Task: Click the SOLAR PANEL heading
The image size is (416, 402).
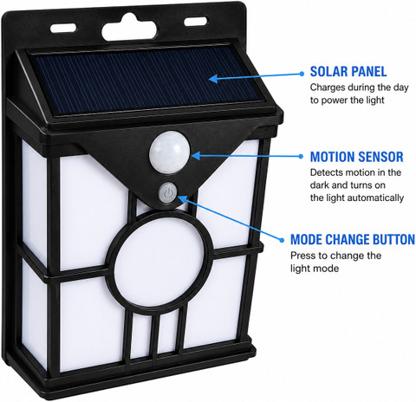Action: [x=348, y=72]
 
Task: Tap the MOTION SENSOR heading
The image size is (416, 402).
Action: [x=356, y=157]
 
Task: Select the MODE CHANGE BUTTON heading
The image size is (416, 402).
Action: [x=353, y=240]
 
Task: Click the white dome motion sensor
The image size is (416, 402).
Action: [x=170, y=152]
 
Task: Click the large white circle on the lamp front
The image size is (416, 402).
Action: [x=159, y=263]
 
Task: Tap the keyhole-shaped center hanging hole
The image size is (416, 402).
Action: [x=130, y=28]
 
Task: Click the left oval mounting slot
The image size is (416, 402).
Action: [x=63, y=28]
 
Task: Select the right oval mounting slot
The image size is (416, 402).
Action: [x=196, y=22]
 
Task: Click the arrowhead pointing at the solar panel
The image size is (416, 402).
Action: [x=212, y=79]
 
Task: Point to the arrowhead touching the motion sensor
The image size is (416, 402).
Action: [x=195, y=156]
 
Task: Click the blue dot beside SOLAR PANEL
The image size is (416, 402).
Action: [x=302, y=74]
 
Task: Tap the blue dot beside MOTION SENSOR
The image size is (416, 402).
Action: [x=301, y=156]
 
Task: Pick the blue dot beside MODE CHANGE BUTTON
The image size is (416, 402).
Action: [x=282, y=240]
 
